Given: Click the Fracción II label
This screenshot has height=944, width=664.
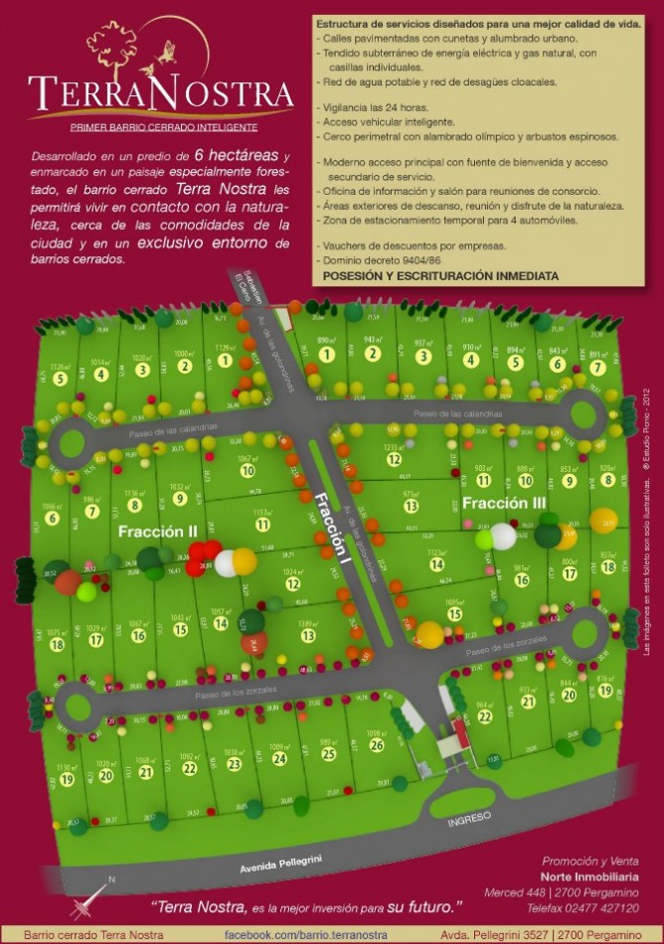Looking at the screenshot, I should [157, 532].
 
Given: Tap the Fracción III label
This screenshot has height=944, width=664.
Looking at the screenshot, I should [505, 503].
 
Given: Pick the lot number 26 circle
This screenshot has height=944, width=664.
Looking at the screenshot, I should [376, 745].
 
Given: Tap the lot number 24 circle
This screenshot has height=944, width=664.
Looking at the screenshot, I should [280, 759].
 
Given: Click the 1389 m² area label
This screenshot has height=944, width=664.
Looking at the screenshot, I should [308, 623].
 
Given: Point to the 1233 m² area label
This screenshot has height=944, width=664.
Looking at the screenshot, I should [394, 447].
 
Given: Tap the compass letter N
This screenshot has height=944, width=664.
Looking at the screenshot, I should [111, 879].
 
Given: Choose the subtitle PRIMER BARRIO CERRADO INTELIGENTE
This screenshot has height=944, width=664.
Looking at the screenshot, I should [164, 127].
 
